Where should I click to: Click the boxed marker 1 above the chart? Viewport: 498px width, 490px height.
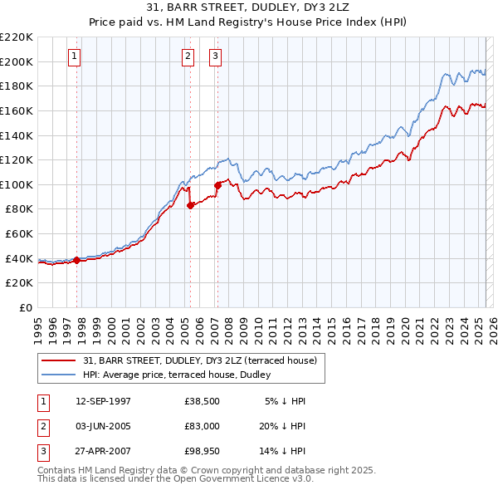point(75,56)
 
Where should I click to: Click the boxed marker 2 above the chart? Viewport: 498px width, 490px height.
point(188,56)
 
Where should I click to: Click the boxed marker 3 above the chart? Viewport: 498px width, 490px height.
point(215,56)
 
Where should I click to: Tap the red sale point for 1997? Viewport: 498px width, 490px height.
point(77,260)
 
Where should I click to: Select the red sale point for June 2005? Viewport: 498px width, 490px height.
point(190,205)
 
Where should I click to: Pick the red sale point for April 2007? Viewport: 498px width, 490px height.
point(217,185)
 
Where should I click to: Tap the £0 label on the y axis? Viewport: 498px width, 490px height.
point(25,307)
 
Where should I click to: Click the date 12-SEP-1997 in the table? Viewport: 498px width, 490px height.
point(103,401)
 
